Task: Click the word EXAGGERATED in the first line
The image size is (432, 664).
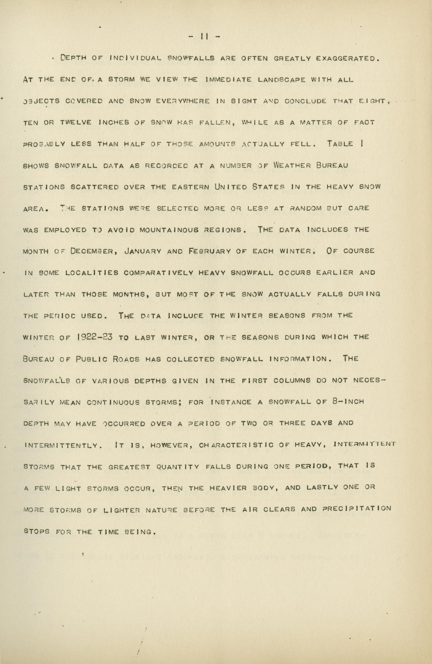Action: [347, 59]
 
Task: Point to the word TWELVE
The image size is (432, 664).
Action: [75, 123]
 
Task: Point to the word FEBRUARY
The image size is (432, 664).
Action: [210, 251]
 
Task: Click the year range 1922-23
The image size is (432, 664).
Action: [94, 337]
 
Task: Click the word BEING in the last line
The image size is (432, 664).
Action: [140, 531]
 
